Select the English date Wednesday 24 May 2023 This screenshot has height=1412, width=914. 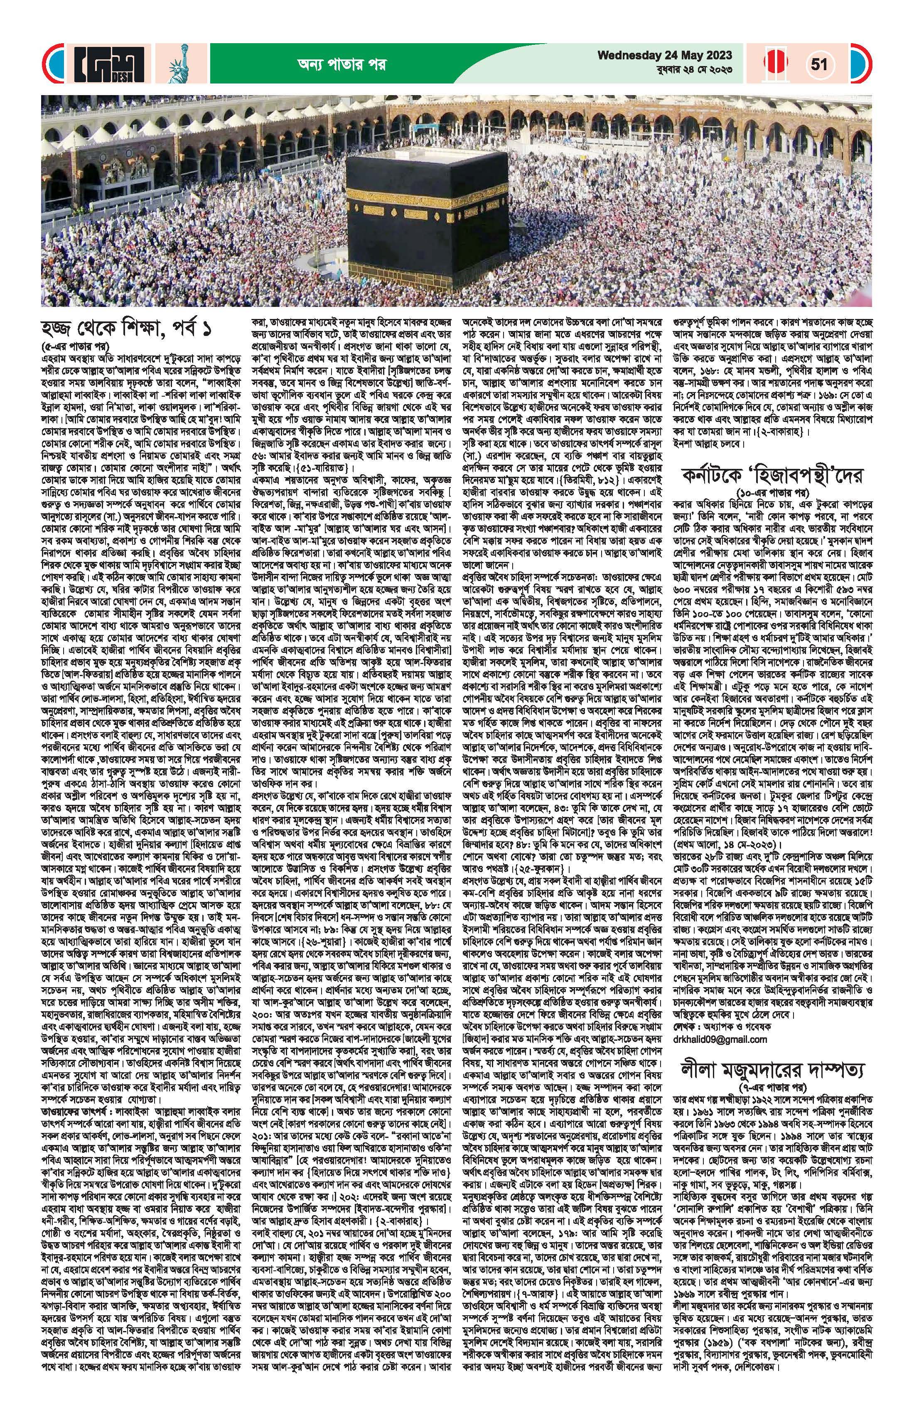[665, 56]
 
